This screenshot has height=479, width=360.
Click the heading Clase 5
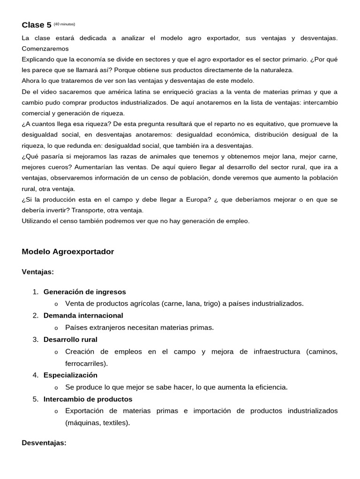coord(37,25)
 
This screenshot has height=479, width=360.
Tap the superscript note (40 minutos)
coord(64,24)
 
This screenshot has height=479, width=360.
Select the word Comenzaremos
coord(45,49)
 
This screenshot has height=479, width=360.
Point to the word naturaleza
coord(275,70)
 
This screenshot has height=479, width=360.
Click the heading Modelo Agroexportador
coord(68,252)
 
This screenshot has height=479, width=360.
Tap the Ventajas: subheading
coord(38,272)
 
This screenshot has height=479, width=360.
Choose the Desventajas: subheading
coord(44,443)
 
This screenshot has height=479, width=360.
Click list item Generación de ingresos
coord(84,292)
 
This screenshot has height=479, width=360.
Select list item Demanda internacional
coord(83,316)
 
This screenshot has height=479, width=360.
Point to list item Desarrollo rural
coord(70,340)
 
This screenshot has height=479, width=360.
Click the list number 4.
coord(35,375)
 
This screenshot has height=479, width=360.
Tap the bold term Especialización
coord(70,375)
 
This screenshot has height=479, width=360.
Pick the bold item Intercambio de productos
coord(88,399)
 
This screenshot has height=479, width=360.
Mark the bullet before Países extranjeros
coord(56,328)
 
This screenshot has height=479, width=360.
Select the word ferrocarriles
coord(85,363)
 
